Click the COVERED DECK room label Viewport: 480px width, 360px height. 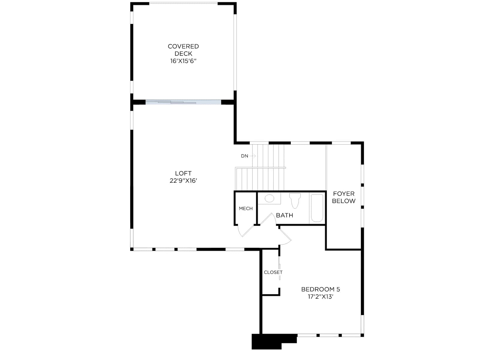click(183, 50)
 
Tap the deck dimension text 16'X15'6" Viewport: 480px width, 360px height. click(183, 61)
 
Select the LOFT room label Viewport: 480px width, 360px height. click(183, 173)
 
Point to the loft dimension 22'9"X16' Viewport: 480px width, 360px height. click(183, 181)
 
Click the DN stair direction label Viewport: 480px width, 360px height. click(244, 156)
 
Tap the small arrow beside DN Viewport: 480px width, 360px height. click(253, 156)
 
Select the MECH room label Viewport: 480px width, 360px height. click(246, 208)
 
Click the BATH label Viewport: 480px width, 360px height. click(284, 215)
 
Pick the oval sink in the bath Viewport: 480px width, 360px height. click(269, 198)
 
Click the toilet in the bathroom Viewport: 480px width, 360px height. click(295, 200)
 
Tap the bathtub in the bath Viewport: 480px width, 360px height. click(317, 208)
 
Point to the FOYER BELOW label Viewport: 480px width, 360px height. click(343, 197)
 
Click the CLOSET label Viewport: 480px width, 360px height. click(273, 272)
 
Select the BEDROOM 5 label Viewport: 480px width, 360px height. click(321, 289)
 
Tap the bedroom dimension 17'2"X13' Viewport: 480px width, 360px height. click(321, 297)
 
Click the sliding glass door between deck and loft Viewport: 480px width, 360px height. click(183, 102)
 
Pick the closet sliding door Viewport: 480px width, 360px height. click(280, 268)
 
